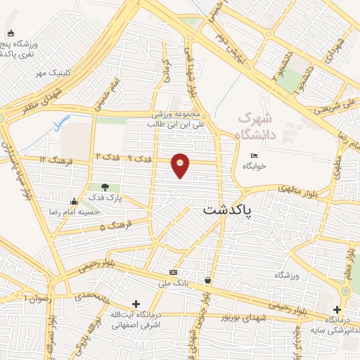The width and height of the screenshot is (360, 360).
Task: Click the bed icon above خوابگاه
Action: [254, 155]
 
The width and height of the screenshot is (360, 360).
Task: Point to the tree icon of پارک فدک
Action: [105, 187]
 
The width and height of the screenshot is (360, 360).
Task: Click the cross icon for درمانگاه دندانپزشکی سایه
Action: [337, 309]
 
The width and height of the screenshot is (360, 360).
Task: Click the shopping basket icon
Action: [207, 280]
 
